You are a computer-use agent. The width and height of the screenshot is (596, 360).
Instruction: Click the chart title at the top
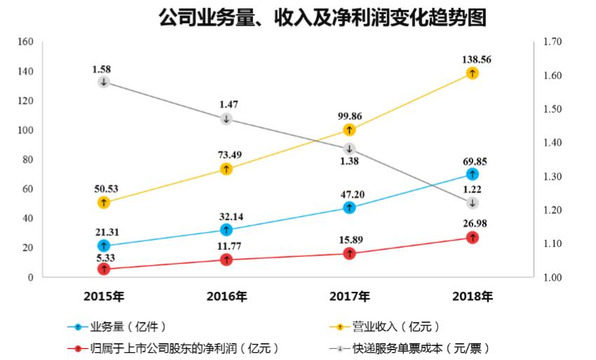[x=322, y=18]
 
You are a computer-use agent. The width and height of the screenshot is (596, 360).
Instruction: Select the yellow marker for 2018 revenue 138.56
[x=473, y=73]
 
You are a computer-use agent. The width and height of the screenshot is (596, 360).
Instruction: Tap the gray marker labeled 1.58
[x=104, y=82]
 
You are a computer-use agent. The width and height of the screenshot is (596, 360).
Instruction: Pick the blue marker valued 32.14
[x=226, y=229]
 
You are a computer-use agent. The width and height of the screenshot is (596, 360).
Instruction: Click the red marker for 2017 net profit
[x=349, y=253]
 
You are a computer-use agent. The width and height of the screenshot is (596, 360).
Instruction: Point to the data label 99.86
[x=349, y=116]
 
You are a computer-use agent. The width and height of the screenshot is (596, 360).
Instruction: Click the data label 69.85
[x=473, y=160]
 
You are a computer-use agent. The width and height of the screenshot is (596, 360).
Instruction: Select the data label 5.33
[x=104, y=257]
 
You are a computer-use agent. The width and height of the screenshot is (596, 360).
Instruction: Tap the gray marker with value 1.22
[x=473, y=203]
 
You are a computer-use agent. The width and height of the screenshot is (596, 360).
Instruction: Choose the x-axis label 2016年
[x=226, y=296]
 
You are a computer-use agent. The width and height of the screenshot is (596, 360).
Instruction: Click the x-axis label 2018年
[x=473, y=296]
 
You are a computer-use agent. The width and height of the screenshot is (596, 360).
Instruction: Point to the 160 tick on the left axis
[x=25, y=42]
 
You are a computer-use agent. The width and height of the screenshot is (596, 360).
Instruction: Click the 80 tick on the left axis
[x=28, y=160]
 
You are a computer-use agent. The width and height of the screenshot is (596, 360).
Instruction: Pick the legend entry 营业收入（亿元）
[x=393, y=326]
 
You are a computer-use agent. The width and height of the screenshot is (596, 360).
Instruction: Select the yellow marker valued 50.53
[x=104, y=203]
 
